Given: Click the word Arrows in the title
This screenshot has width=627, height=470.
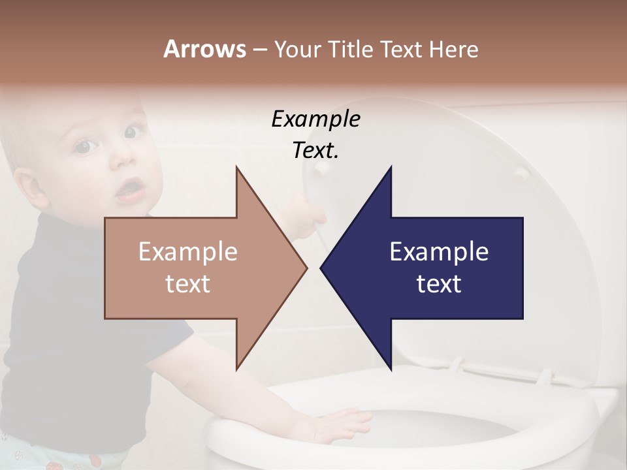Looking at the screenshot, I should (x=204, y=49).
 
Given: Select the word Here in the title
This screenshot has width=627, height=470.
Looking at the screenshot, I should (x=453, y=50).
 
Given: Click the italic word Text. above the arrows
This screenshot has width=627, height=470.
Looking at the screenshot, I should (x=315, y=150).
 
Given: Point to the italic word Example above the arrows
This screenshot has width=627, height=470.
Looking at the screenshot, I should (x=315, y=119).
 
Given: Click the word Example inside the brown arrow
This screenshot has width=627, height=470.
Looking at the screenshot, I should (x=187, y=251).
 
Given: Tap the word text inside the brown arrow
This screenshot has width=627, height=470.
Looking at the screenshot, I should (x=187, y=283).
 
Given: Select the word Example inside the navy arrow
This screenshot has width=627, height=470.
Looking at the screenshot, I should (x=439, y=251).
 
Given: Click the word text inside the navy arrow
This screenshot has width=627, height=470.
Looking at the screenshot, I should (x=439, y=283).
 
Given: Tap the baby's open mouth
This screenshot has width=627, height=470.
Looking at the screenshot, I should (x=131, y=189).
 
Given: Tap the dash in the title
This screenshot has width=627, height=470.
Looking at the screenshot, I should (x=259, y=50).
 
